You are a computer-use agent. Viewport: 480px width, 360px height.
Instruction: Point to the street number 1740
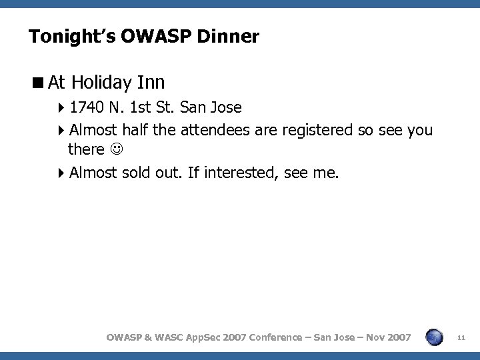(85, 107)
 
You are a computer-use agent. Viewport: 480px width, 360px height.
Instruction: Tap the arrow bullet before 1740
(61, 107)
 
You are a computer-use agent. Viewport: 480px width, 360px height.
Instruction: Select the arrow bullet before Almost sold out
(61, 173)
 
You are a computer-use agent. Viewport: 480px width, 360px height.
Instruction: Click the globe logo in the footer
(434, 337)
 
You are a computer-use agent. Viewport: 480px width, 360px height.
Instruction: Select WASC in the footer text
(173, 337)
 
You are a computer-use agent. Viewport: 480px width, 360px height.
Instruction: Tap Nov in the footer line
(372, 337)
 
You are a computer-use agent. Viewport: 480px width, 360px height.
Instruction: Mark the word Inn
(151, 83)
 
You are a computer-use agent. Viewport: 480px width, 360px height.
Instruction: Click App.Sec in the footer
(209, 337)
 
